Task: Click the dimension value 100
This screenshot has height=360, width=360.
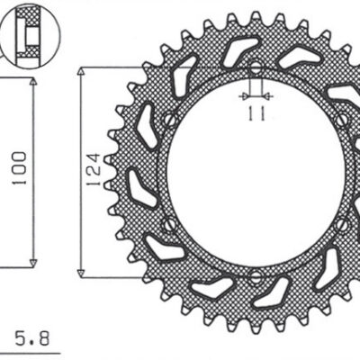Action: pyautogui.click(x=19, y=168)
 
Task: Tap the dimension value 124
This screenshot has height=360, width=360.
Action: pyautogui.click(x=93, y=170)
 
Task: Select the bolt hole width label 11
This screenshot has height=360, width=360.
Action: pyautogui.click(x=256, y=113)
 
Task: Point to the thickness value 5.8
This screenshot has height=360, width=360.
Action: pyautogui.click(x=32, y=337)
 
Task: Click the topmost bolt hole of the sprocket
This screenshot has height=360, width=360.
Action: pyautogui.click(x=256, y=68)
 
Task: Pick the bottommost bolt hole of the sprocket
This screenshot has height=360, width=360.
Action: pyautogui.click(x=256, y=277)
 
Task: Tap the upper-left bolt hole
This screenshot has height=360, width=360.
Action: pyautogui.click(x=170, y=120)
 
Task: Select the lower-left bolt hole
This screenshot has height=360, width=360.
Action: pyautogui.click(x=169, y=224)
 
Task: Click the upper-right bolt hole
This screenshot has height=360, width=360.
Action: pyautogui.click(x=342, y=120)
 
